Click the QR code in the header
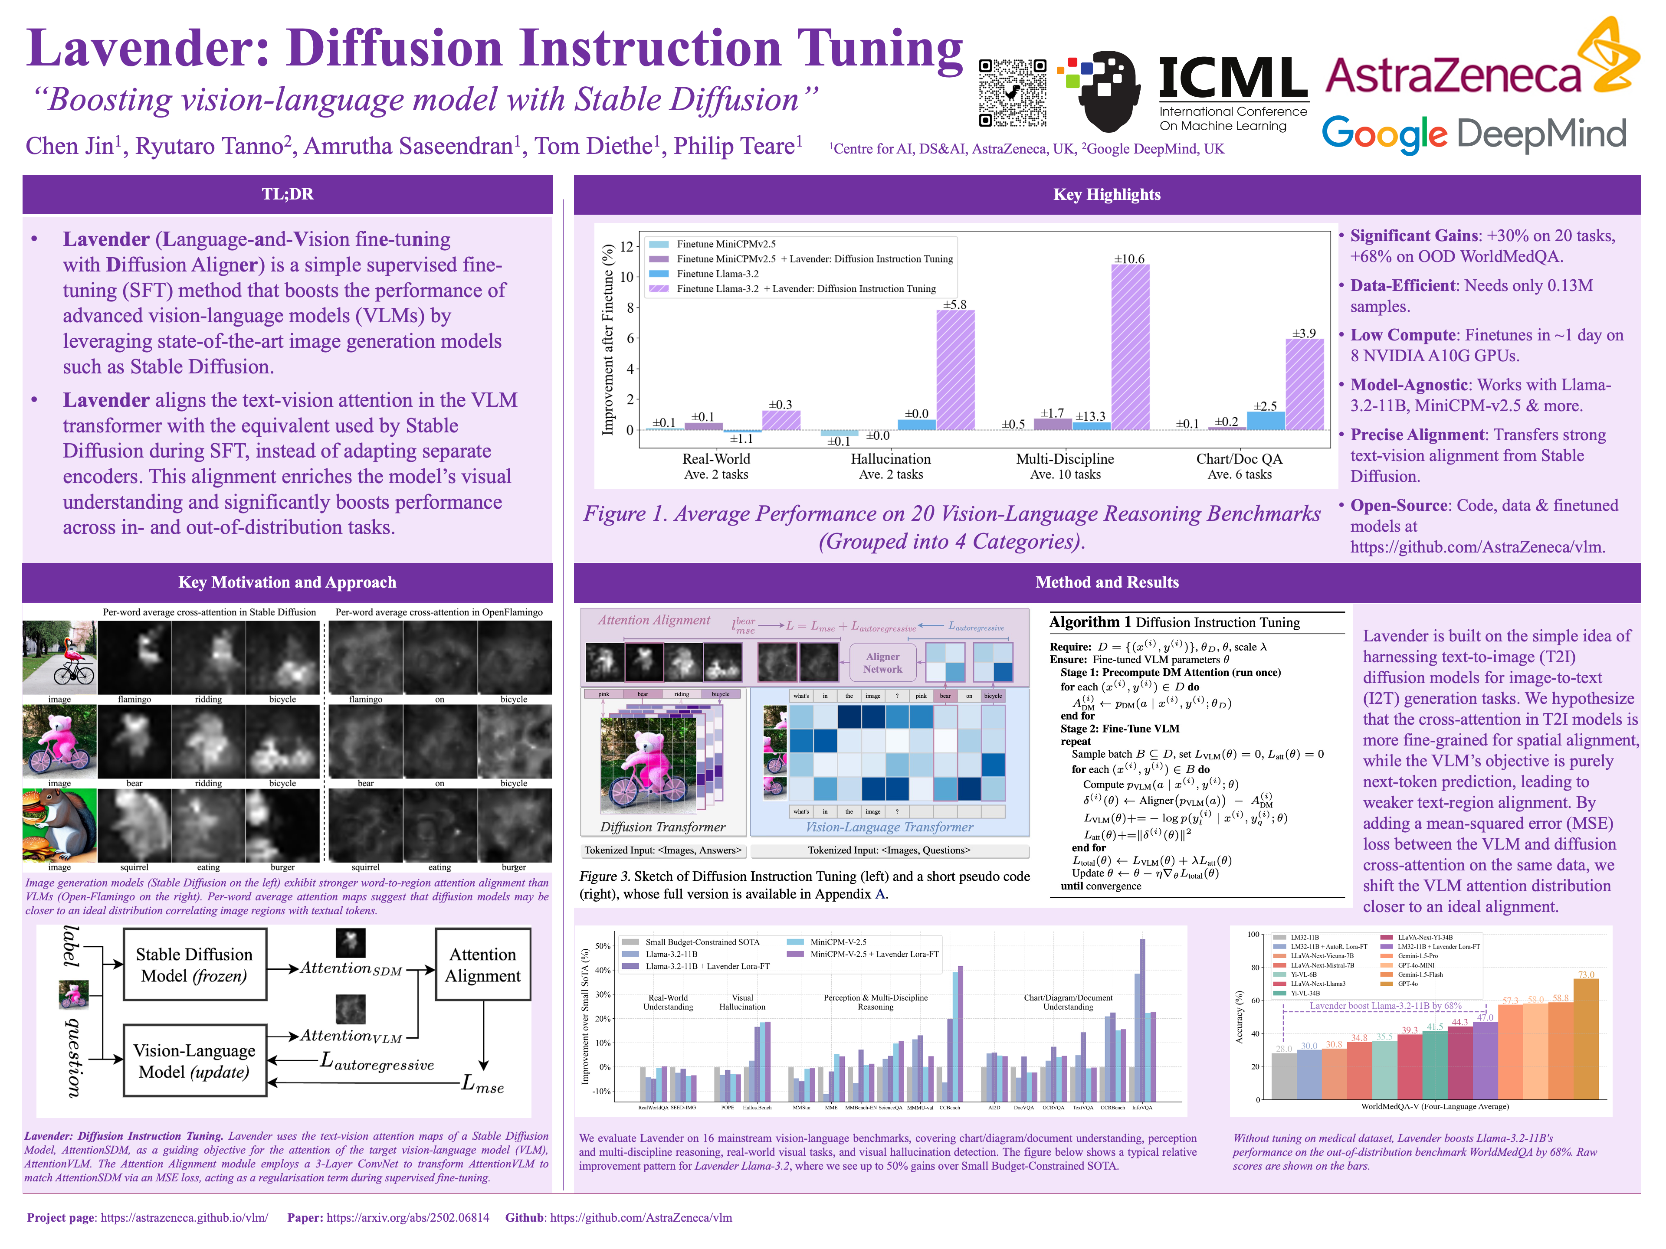click(x=1011, y=93)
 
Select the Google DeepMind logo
click(x=1473, y=134)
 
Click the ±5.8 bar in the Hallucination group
click(x=955, y=369)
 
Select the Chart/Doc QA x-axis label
click(x=1239, y=459)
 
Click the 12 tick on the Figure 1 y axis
click(x=626, y=246)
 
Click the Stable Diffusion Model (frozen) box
click(x=194, y=965)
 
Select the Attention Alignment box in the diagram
click(x=483, y=965)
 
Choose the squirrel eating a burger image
click(x=59, y=825)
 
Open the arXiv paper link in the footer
click(x=407, y=1217)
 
